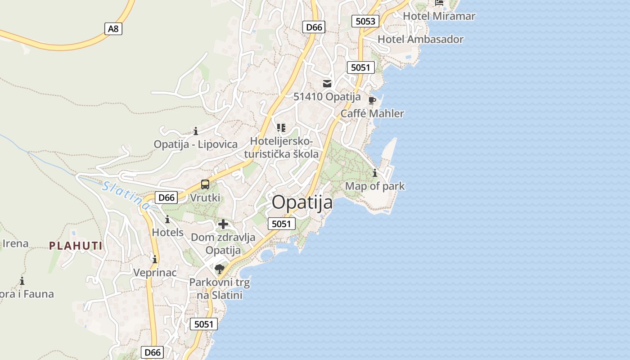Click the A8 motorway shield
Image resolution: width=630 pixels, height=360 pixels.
[113, 29]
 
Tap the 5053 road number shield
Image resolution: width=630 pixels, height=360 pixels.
[365, 21]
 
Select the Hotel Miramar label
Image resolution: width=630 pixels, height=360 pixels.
[439, 16]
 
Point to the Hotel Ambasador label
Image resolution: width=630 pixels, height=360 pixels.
[420, 39]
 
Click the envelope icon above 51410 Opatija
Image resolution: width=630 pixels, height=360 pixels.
[327, 83]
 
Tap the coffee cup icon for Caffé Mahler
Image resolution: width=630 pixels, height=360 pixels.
[372, 100]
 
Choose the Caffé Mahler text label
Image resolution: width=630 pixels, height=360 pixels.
[372, 113]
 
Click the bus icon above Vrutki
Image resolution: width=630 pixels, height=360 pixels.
[205, 184]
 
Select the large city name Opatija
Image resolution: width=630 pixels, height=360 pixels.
[302, 202]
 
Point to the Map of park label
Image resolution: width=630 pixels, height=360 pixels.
[375, 186]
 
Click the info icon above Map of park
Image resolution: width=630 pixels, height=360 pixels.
[375, 173]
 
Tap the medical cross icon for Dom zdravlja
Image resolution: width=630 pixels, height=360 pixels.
[223, 224]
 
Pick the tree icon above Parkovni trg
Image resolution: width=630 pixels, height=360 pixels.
[220, 269]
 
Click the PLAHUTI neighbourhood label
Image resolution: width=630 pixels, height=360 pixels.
[76, 246]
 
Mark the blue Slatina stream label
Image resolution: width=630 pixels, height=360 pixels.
[126, 195]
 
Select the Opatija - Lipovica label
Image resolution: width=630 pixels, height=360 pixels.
[196, 144]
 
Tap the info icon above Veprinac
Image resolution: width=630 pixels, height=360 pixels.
[155, 260]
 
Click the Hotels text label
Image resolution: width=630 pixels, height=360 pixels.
[168, 232]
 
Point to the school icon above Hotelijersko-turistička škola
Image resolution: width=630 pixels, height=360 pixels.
[281, 128]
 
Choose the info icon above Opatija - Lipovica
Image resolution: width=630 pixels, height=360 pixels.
[196, 131]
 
